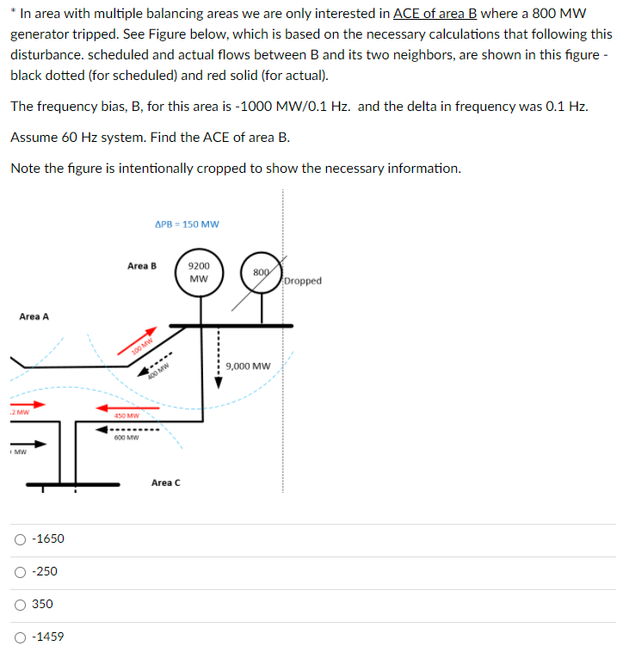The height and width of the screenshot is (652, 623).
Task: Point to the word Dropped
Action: (x=302, y=281)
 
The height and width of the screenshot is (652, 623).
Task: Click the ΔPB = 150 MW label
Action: (x=187, y=225)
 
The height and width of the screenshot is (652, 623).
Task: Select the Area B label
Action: (x=142, y=266)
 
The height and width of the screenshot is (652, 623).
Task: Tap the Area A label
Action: (x=34, y=317)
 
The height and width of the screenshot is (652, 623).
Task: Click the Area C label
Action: (x=165, y=483)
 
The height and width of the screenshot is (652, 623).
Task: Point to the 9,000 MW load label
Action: (x=248, y=366)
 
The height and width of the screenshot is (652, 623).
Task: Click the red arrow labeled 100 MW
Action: (x=142, y=341)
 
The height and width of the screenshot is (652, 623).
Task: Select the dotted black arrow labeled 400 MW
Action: (x=160, y=366)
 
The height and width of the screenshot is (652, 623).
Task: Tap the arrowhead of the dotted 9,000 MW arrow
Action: (x=218, y=383)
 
